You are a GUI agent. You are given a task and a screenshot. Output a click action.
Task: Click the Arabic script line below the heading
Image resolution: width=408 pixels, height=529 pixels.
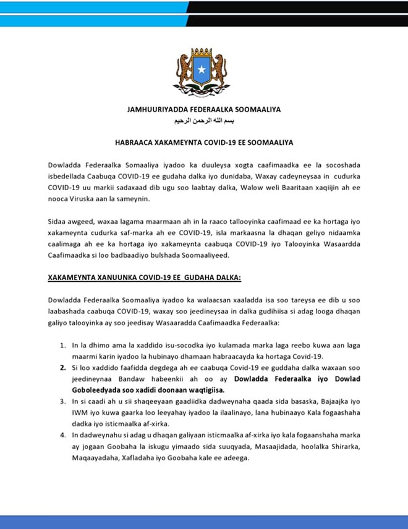[x=204, y=120]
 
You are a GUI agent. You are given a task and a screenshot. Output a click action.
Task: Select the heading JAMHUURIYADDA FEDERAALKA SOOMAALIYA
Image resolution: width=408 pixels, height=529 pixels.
[x=204, y=110]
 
